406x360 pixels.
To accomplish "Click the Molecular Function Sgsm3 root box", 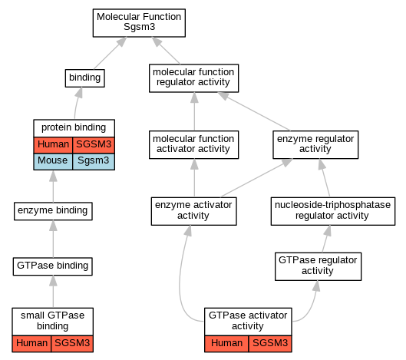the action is (x=139, y=23).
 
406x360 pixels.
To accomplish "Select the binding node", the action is (x=85, y=78).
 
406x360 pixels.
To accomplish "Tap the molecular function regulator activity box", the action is (x=193, y=78).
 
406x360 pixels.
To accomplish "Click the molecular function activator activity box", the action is (x=193, y=144).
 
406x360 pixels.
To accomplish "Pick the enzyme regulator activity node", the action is (x=315, y=144).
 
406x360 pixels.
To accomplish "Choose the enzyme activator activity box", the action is (x=193, y=211).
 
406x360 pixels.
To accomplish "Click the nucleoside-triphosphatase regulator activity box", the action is (x=333, y=211).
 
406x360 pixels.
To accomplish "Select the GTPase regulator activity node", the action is (x=318, y=266).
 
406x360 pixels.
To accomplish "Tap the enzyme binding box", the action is (x=53, y=211).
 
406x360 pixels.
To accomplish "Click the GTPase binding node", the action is (x=53, y=266).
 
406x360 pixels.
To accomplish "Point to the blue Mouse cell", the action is (x=53, y=162).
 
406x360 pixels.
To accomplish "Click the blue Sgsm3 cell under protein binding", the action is (x=94, y=162).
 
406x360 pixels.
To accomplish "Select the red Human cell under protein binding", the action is (x=53, y=145).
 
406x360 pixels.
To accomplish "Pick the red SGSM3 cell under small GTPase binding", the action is (x=72, y=344).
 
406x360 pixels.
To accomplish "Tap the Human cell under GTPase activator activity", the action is (x=226, y=344).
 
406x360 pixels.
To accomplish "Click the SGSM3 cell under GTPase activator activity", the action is (x=270, y=344).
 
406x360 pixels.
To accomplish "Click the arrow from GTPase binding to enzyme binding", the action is (x=53, y=239).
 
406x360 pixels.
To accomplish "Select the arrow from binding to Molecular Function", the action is (x=110, y=53).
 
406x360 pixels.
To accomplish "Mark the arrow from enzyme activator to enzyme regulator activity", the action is (x=257, y=178).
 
